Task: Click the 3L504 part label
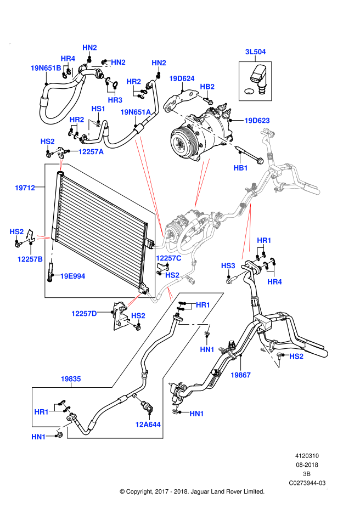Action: coord(255,52)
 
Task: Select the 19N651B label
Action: coord(46,68)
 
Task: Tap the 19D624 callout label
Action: coord(182,78)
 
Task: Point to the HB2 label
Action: coord(207,87)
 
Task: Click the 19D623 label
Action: coord(257,121)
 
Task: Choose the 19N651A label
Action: coord(136,112)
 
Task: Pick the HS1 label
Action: coord(98,109)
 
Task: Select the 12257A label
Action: coord(91,152)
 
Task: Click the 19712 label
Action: coord(25,188)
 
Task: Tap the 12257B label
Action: coord(30,259)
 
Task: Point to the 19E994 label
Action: coord(72,276)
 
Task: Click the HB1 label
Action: coord(241,168)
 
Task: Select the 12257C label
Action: coord(168,258)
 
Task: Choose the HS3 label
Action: coord(228,266)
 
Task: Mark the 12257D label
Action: coord(84,314)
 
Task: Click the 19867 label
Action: coord(240,375)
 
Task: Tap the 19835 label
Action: coord(71,379)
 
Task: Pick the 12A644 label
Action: coord(148,425)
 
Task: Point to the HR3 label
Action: coord(115,100)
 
